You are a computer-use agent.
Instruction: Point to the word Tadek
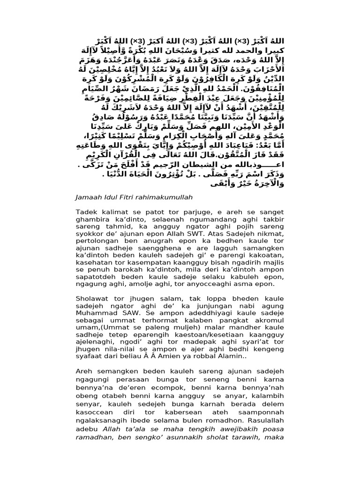click(86, 212)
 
